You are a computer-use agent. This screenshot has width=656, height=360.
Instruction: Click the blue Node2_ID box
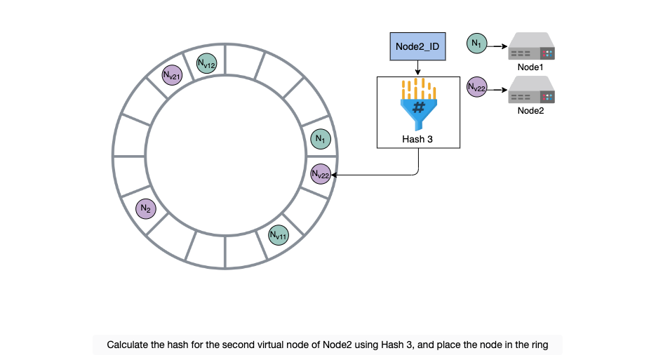click(417, 46)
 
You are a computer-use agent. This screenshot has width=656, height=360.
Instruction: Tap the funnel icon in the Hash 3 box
click(418, 105)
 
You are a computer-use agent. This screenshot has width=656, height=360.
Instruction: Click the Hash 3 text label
click(417, 140)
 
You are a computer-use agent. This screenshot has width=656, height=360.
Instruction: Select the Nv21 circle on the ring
click(172, 75)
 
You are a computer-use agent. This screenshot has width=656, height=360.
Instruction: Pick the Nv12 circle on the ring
click(207, 64)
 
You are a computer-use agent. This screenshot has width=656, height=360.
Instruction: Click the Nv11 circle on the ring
click(279, 236)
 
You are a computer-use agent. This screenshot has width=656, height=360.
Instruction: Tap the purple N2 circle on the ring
click(146, 208)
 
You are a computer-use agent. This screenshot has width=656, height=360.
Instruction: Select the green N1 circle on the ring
click(321, 138)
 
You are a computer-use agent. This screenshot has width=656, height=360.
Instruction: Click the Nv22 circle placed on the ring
click(321, 174)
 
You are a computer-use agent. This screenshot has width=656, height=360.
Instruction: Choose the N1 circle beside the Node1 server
click(477, 44)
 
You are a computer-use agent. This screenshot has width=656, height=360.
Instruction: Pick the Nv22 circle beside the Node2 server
click(477, 87)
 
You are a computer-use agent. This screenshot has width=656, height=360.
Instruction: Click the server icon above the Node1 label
click(531, 46)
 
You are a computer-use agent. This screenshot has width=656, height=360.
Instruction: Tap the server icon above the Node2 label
click(531, 90)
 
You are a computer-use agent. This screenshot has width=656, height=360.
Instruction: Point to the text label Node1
click(530, 67)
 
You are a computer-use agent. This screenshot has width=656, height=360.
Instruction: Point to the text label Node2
click(530, 111)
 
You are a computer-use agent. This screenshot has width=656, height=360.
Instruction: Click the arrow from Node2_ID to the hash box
click(417, 68)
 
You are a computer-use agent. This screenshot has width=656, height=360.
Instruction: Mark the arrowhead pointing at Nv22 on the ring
click(334, 175)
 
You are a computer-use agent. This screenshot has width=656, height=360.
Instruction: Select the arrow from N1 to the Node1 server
click(497, 46)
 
